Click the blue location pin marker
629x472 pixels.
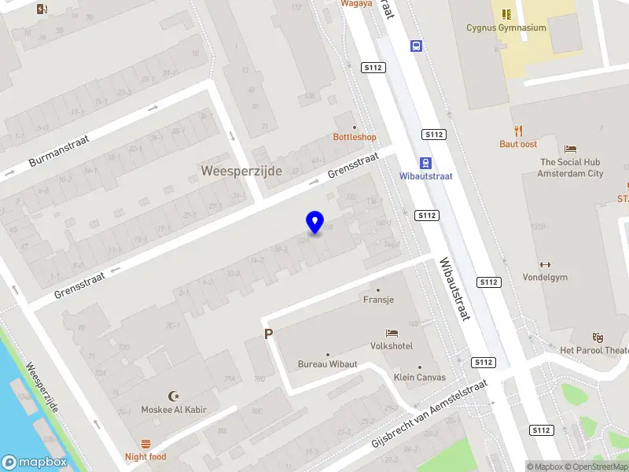pos(314,222)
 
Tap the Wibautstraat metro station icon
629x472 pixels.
pos(425,163)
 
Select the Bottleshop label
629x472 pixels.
pos(355,137)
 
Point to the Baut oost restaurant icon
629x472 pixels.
pos(518,131)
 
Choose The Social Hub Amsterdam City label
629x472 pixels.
pos(570,168)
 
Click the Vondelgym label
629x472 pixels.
pos(544,277)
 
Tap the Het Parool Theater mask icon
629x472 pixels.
pos(598,337)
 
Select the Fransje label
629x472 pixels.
pos(378,300)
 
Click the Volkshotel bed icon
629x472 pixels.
pos(392,334)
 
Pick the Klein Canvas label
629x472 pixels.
pos(419,377)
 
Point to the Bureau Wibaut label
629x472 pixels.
pos(327,364)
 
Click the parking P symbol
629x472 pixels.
pos(268,334)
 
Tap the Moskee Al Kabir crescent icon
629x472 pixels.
pos(174,396)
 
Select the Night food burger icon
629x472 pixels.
pos(145,444)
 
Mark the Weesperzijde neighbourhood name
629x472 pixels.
pos(241,171)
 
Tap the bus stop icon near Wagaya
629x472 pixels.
pos(415,46)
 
